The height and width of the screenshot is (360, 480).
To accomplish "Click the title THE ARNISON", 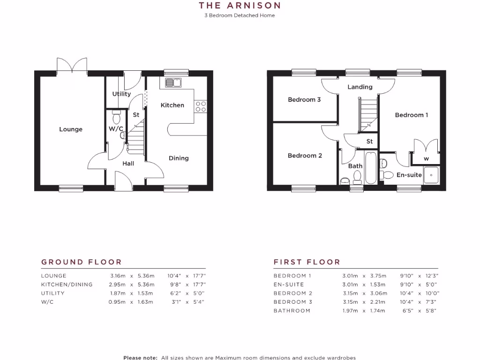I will [x=240, y=6].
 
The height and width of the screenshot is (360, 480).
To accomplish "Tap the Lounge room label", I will [x=71, y=129].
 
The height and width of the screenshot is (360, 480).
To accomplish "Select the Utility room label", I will [x=121, y=94].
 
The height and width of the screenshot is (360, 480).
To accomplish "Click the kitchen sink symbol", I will [x=173, y=83].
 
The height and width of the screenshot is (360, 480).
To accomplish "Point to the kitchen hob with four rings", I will [x=201, y=106].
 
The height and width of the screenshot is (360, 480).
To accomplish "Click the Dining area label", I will [x=179, y=158].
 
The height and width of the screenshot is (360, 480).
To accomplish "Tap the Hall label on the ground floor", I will [x=128, y=164].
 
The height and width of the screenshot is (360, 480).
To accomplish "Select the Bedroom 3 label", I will [x=304, y=99].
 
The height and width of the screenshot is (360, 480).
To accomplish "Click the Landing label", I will [x=360, y=87].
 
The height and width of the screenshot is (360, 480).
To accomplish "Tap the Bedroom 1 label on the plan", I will [x=411, y=115].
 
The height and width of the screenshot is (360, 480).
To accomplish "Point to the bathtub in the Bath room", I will [x=370, y=168].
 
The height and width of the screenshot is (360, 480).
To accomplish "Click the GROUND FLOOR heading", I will [x=81, y=262].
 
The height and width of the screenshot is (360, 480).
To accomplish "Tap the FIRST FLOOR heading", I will [x=307, y=262].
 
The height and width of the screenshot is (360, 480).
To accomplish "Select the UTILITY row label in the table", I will [x=52, y=293].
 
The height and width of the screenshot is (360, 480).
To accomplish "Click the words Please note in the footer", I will [x=140, y=358].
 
